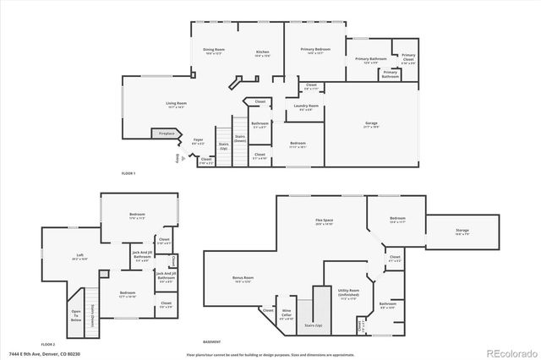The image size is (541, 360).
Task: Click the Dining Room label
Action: pyautogui.click(x=213, y=52)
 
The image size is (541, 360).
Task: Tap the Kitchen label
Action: pyautogui.click(x=263, y=52)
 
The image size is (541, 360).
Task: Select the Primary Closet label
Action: pyautogui.click(x=408, y=57)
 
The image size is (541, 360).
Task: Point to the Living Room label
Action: pyautogui.click(x=176, y=105)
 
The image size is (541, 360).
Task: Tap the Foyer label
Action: pyautogui.click(x=198, y=141)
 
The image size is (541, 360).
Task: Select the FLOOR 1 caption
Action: pyautogui.click(x=128, y=173)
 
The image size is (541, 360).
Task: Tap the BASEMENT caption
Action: pyautogui.click(x=212, y=341)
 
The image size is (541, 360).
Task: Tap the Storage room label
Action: pyautogui.click(x=462, y=229)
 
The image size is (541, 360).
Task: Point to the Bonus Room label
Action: pyautogui.click(x=243, y=279)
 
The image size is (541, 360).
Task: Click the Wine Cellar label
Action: pyautogui.click(x=287, y=316)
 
